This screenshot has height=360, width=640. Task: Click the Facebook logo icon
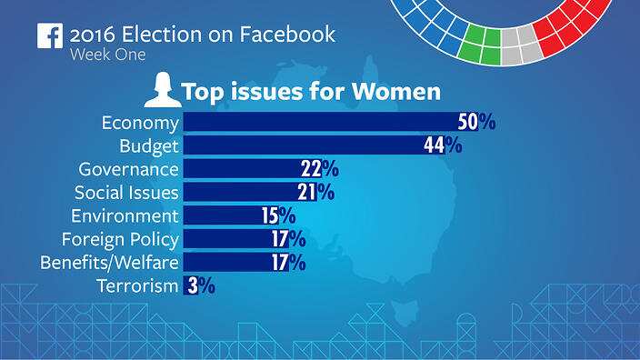[x=49, y=35]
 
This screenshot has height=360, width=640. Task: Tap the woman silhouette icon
[x=160, y=91]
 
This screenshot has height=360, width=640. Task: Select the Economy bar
[x=318, y=122]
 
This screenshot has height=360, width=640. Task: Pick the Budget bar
[x=300, y=145]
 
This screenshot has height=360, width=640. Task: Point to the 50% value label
[x=476, y=122]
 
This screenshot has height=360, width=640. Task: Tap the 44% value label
[x=443, y=145]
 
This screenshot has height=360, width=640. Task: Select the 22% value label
[x=319, y=169]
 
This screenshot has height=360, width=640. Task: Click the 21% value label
[x=315, y=193]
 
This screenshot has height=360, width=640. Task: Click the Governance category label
[x=129, y=169]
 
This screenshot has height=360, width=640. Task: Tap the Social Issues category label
[x=126, y=193]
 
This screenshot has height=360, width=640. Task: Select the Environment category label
[x=125, y=216]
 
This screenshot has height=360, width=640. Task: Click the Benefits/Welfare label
[x=109, y=263]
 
